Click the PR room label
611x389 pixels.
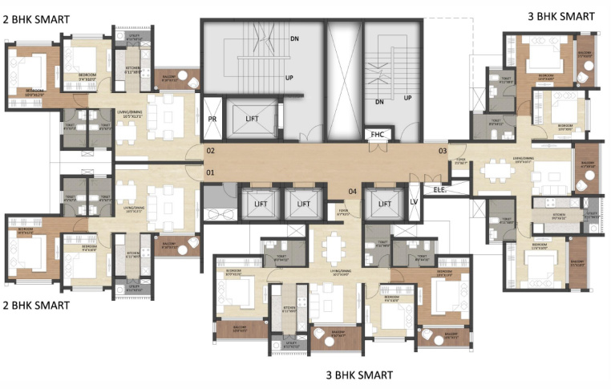pyautogui.click(x=212, y=119)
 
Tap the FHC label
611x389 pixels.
pyautogui.click(x=377, y=135)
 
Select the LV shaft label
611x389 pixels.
pyautogui.click(x=415, y=202)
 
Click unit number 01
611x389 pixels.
pyautogui.click(x=211, y=172)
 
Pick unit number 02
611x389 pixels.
pyautogui.click(x=211, y=151)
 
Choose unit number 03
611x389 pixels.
pyautogui.click(x=442, y=151)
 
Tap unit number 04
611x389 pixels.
pyautogui.click(x=351, y=191)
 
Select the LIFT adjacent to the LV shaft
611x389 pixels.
pyautogui.click(x=382, y=204)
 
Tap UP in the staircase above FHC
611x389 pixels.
pyautogui.click(x=407, y=98)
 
